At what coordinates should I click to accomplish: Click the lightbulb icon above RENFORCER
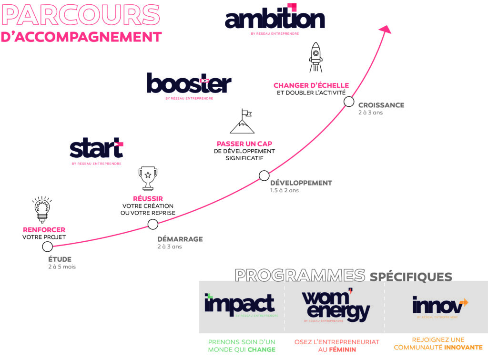42,209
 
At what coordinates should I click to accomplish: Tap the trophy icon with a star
148,178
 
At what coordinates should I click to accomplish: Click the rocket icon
315,58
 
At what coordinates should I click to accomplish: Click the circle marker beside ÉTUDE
47,247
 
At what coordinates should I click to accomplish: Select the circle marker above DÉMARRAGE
153,224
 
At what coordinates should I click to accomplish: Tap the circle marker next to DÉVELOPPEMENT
264,175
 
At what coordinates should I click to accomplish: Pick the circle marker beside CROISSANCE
349,101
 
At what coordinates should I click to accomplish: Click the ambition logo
274,19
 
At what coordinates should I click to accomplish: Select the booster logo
189,84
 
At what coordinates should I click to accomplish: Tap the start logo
96,149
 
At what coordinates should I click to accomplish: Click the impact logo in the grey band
240,305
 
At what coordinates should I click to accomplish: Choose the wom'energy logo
336,306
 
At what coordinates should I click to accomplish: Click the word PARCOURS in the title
81,15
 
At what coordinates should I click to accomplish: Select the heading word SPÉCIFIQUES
411,277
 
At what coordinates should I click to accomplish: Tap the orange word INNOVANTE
463,348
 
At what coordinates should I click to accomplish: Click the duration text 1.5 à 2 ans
285,191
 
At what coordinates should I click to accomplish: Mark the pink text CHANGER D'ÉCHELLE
311,85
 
